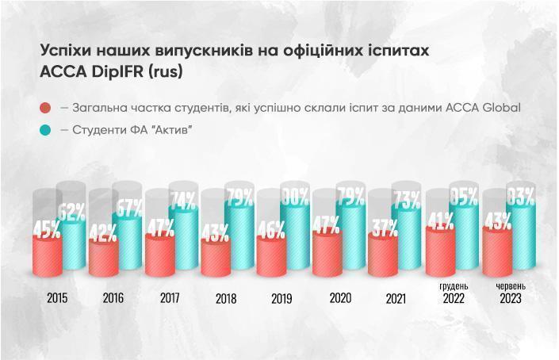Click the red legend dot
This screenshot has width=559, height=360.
click(x=45, y=108)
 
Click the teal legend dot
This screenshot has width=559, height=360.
click(x=45, y=130)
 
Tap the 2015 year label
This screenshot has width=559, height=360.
click(x=57, y=299)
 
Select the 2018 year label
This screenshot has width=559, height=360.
click(x=226, y=299)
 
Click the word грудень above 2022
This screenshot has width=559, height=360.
click(x=454, y=285)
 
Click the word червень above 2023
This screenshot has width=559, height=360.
click(x=511, y=285)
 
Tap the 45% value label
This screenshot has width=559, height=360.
click(x=47, y=231)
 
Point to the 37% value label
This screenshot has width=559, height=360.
click(x=383, y=230)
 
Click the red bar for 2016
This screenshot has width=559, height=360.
click(x=103, y=257)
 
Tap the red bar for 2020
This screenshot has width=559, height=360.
click(x=327, y=254)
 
